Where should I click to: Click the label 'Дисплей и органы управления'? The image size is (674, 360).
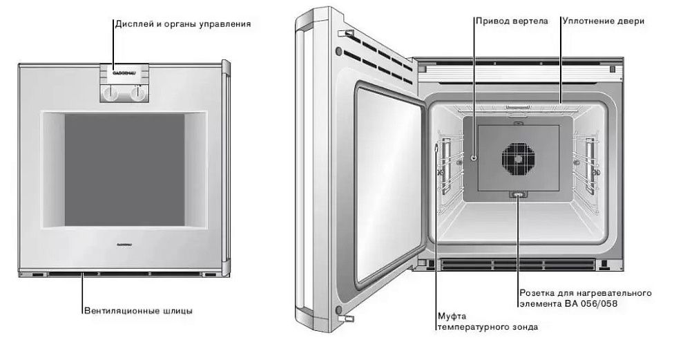(x=182, y=23)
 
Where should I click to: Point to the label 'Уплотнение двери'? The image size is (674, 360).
(x=603, y=21)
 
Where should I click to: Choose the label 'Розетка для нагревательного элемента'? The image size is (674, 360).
(x=584, y=298)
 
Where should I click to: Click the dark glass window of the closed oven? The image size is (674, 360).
(x=124, y=169)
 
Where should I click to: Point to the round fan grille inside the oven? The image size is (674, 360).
(x=519, y=160)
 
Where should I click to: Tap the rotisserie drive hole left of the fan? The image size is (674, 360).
(x=474, y=158)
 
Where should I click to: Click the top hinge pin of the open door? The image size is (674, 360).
(x=348, y=34)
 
